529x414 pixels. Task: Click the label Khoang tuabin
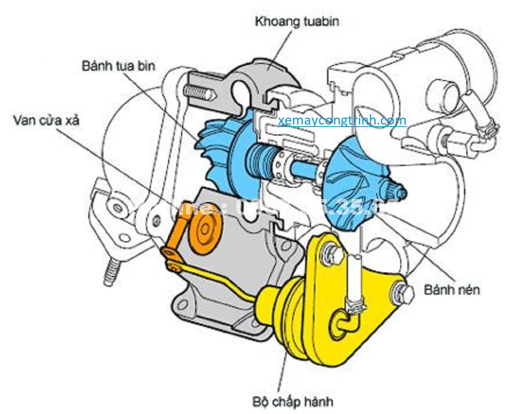297,22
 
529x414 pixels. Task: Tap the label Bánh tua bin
118,66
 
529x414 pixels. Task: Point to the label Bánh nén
452,290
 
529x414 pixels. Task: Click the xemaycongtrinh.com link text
342,120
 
